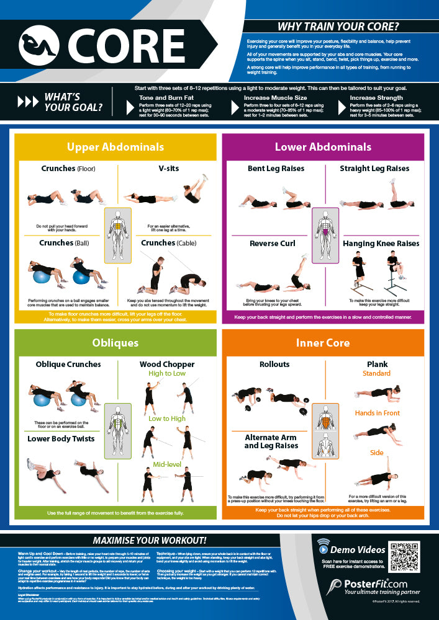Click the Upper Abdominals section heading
(115, 147)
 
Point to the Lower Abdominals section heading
(323, 147)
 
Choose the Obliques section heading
(115, 343)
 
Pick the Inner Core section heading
(323, 343)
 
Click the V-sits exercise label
(169, 168)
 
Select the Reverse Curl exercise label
(272, 243)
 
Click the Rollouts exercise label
(274, 364)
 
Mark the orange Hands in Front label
(378, 413)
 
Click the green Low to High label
(167, 418)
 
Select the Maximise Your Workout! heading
(150, 540)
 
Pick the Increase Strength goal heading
(376, 98)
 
